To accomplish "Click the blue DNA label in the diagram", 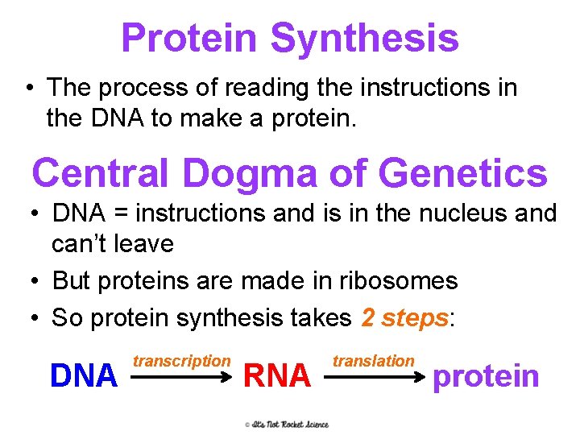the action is click(84, 375).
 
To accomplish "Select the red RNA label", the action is click(276, 375).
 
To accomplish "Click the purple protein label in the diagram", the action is click(486, 375).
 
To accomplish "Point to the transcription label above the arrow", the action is click(181, 361).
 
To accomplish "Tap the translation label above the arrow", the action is click(374, 361).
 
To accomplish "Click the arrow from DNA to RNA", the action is click(181, 373).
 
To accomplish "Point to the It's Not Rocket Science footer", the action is click(288, 424).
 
